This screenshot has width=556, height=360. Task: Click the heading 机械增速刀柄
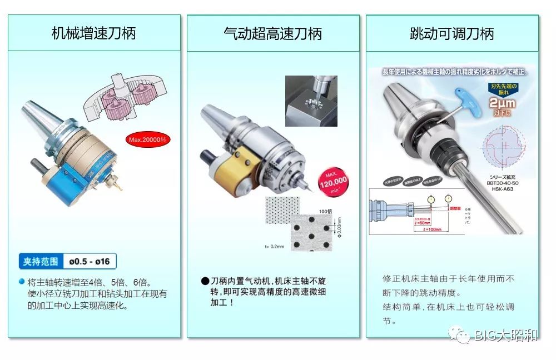[x=93, y=33]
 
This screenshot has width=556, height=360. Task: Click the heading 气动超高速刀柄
[x=272, y=33]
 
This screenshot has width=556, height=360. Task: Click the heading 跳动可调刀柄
[x=451, y=33]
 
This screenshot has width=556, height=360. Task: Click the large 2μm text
[x=502, y=103]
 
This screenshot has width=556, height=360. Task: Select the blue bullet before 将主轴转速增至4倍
[x=22, y=282]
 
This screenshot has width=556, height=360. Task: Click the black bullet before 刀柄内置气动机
[x=205, y=281]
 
